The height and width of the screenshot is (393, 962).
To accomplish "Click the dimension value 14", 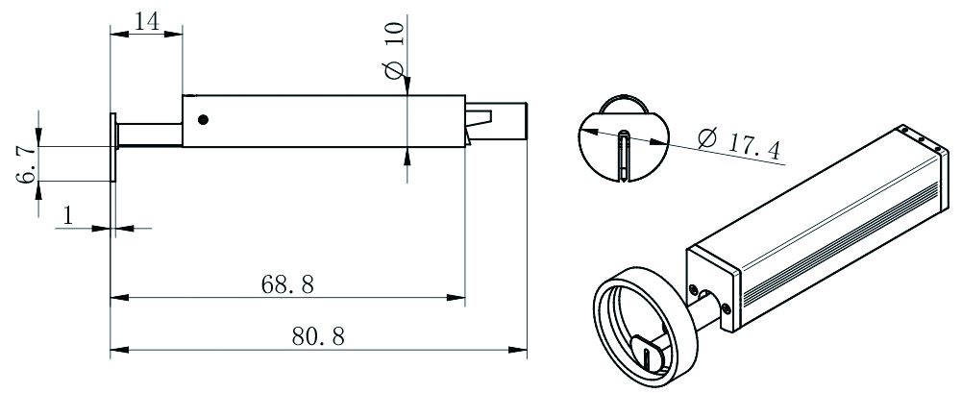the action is [146, 21].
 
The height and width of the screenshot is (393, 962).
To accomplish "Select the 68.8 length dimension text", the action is [287, 284].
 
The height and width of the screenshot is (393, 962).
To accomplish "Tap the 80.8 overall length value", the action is [318, 336].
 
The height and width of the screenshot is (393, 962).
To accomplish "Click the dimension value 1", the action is [68, 215].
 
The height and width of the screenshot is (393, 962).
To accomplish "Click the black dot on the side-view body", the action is [203, 119].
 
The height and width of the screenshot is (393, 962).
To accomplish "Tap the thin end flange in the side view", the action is [113, 146].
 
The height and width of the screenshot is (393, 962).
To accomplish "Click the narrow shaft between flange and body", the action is [150, 135].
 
